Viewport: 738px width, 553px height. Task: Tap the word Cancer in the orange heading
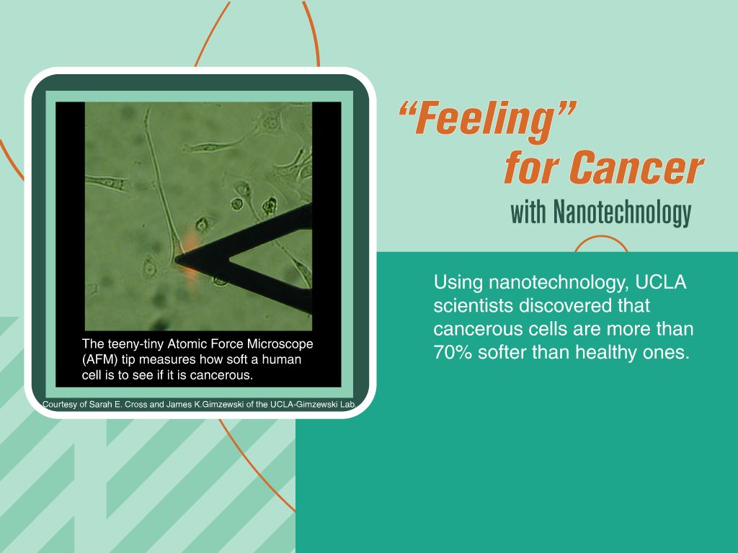coord(636,167)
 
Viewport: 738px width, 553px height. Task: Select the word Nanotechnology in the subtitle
coord(622,212)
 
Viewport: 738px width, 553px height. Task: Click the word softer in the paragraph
coord(502,352)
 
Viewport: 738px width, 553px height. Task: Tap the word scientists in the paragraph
coord(473,305)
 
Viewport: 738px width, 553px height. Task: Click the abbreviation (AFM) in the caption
coord(99,360)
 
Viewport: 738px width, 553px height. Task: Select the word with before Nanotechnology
coord(528,212)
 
